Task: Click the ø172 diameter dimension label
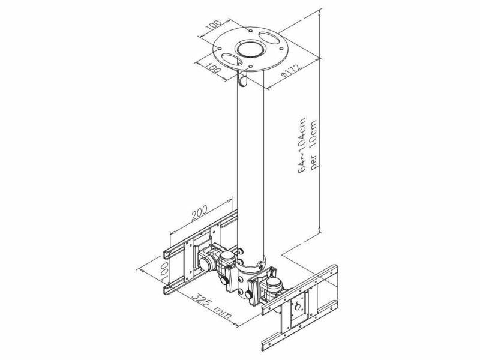(292, 70)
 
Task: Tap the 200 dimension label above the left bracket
(199, 212)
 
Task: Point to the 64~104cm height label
(303, 145)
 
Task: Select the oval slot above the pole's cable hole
(231, 59)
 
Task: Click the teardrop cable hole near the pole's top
(242, 80)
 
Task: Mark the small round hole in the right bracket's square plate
(297, 307)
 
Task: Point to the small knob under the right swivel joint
(248, 295)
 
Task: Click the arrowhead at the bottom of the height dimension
(320, 229)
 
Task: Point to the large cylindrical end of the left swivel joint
(205, 263)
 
